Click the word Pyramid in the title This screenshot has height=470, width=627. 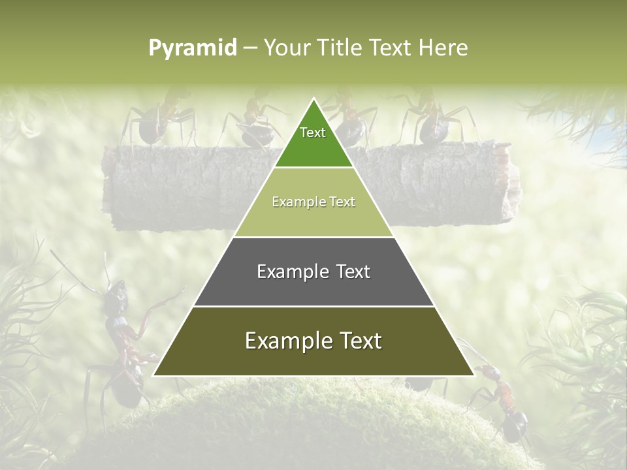click(193, 48)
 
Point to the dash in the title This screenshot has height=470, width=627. click(250, 48)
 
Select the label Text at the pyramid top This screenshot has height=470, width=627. click(313, 133)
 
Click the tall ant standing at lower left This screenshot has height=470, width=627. click(121, 339)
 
